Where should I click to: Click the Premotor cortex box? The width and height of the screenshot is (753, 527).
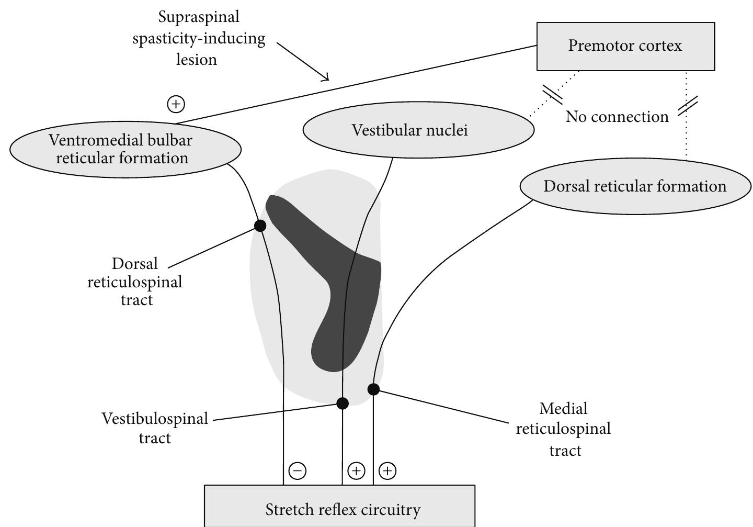(x=625, y=46)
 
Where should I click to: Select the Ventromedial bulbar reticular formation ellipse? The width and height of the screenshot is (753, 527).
(x=125, y=149)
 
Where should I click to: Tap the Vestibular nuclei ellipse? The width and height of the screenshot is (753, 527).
(x=418, y=130)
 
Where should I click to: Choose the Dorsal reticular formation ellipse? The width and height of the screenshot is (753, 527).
(x=635, y=186)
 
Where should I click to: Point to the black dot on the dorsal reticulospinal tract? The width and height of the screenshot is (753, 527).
(x=260, y=226)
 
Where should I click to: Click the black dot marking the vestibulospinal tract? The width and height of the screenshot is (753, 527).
(x=343, y=403)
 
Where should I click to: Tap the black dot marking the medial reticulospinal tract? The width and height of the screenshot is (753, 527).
(x=373, y=389)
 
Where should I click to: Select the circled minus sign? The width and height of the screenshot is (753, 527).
(x=298, y=471)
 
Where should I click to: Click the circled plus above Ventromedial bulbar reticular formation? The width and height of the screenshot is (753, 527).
(x=176, y=104)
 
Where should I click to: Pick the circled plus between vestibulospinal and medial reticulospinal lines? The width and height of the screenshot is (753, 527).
(x=356, y=471)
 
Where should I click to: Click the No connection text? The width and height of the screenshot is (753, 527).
(x=617, y=117)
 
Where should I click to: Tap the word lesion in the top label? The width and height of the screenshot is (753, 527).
(x=196, y=60)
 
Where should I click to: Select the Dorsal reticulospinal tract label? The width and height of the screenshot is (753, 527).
(x=135, y=282)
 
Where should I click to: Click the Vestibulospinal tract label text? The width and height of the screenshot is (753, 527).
(x=155, y=428)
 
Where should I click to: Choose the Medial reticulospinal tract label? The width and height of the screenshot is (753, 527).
(x=563, y=429)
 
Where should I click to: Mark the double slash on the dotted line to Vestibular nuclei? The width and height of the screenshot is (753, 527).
(x=552, y=94)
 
